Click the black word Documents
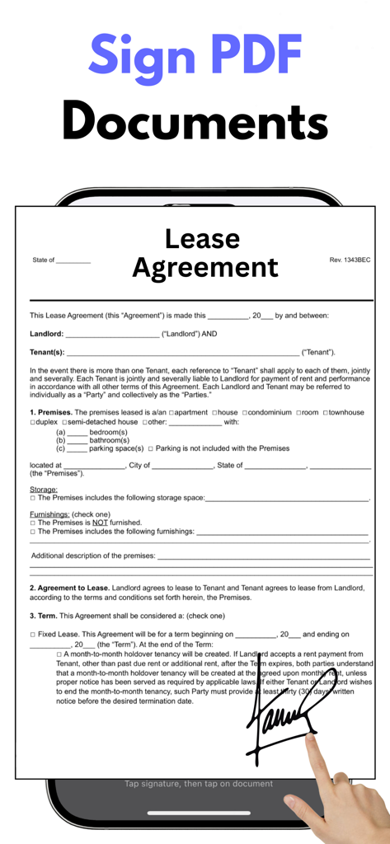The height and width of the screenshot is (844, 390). (195, 121)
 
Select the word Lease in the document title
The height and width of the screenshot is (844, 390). (202, 239)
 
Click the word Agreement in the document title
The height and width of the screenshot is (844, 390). (205, 267)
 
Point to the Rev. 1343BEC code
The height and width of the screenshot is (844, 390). (350, 260)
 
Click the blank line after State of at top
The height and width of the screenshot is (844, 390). (73, 260)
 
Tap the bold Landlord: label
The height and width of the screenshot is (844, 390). (46, 334)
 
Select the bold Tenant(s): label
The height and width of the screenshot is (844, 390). (47, 352)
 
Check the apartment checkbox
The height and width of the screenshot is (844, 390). (172, 412)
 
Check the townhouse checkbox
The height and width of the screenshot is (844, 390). (326, 412)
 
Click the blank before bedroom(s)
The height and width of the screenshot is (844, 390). (77, 432)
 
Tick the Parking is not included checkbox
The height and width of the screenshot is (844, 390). (151, 449)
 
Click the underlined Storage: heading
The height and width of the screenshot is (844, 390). (44, 490)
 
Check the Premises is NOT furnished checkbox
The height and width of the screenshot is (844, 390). (33, 523)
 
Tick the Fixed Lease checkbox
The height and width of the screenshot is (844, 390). (33, 635)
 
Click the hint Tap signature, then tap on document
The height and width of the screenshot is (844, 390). (199, 784)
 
